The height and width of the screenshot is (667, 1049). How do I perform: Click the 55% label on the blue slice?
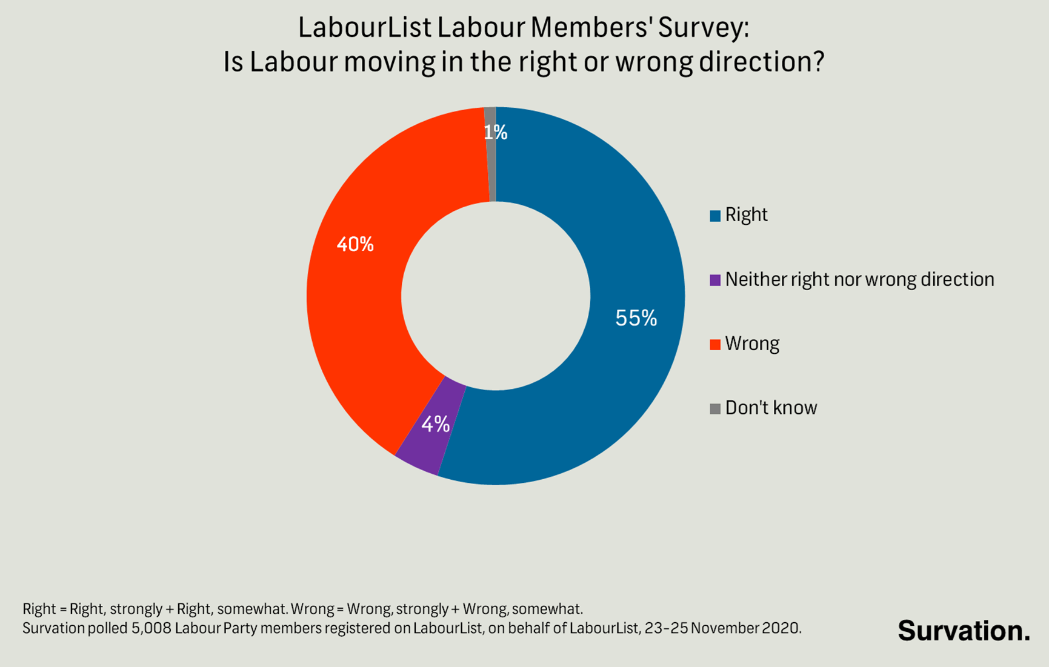[636, 318]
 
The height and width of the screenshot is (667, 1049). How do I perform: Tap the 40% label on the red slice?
[355, 245]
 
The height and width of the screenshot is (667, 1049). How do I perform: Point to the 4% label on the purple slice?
[436, 424]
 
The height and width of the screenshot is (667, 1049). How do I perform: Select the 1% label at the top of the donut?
[496, 132]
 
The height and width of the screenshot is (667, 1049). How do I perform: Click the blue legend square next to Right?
[715, 216]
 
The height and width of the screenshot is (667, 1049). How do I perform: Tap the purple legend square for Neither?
[715, 280]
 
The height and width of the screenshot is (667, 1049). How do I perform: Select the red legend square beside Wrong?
[715, 344]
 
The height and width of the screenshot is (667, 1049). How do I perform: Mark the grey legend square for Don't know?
[715, 408]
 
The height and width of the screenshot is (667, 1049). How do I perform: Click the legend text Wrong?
[752, 343]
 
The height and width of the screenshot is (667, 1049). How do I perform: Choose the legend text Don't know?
[771, 408]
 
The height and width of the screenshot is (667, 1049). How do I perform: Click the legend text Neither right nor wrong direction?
[859, 279]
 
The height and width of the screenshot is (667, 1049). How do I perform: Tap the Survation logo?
[964, 631]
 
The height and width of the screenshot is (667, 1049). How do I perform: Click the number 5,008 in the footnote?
[151, 628]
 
